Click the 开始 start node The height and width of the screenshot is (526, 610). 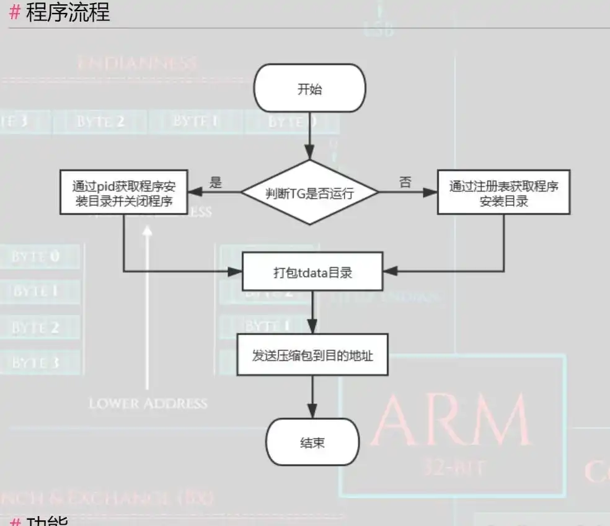pos(309,89)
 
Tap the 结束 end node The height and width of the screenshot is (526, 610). pos(312,442)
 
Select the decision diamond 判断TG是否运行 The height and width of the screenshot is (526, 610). pos(309,192)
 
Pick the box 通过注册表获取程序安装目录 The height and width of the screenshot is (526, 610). pos(503,193)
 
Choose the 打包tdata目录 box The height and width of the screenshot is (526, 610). pos(312,272)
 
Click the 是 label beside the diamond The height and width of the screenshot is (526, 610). pos(216,182)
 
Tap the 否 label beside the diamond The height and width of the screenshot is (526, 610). pos(405,182)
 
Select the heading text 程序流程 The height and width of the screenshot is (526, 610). pos(68,12)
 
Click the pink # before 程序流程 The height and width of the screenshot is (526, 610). pos(15,12)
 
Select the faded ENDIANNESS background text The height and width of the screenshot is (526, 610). pos(137,63)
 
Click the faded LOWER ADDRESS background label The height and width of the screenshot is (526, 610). pos(148,403)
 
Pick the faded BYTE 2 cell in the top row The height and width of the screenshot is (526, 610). pos(100,121)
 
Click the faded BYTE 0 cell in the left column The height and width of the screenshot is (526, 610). pos(37,256)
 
